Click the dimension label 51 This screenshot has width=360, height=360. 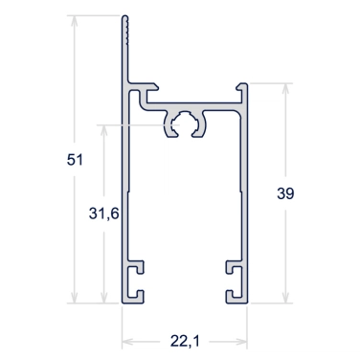[75, 160]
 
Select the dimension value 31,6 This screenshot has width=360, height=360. [104, 214]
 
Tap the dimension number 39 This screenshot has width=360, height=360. [285, 193]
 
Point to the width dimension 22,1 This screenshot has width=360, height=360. [185, 342]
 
